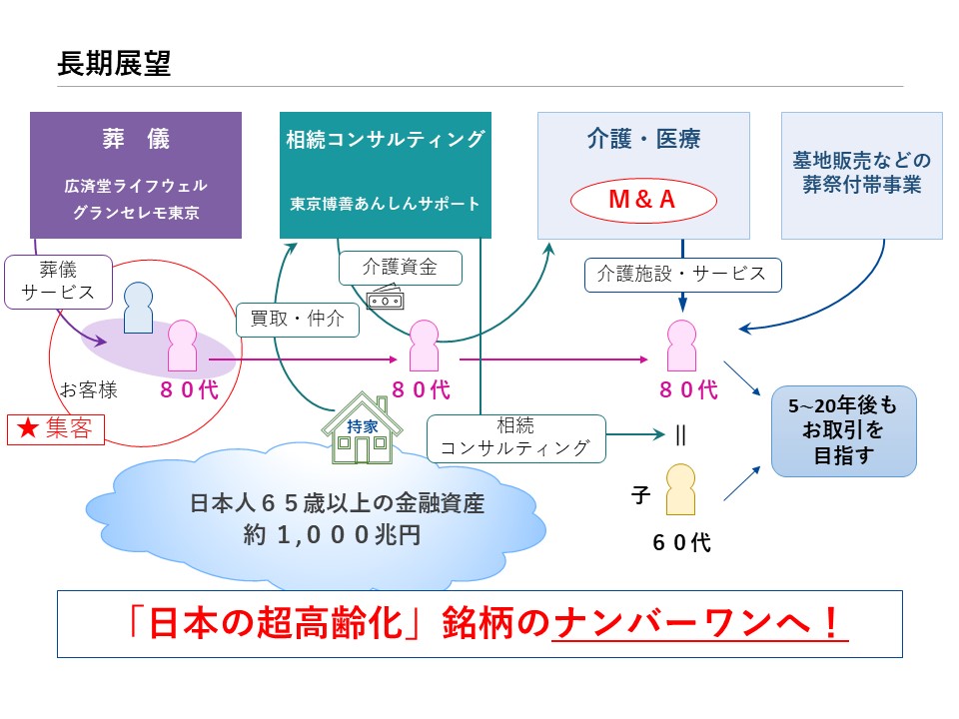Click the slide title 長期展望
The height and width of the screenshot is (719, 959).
(114, 63)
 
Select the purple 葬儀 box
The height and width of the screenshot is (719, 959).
(136, 175)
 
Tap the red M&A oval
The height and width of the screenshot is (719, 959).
(642, 200)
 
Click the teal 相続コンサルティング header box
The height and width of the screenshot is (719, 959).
(386, 175)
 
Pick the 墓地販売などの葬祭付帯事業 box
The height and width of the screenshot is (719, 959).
(862, 175)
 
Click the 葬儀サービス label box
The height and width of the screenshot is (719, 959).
(58, 282)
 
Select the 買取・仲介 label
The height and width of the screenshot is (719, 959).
(298, 320)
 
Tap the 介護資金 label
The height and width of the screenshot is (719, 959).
(400, 268)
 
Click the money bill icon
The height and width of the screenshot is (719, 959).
(386, 298)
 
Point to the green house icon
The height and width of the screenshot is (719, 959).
(362, 428)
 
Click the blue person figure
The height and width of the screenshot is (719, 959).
(138, 308)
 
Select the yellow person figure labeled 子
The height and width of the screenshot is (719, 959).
(680, 489)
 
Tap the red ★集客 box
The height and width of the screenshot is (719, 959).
(56, 428)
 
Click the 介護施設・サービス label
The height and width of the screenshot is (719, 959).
(682, 275)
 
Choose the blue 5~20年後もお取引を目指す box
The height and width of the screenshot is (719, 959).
(843, 430)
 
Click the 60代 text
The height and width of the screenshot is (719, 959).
(681, 542)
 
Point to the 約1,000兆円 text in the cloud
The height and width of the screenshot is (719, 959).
(332, 535)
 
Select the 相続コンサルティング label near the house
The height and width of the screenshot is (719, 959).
(515, 437)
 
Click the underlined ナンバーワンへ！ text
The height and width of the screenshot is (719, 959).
(699, 623)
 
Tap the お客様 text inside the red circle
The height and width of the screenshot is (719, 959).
(89, 389)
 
